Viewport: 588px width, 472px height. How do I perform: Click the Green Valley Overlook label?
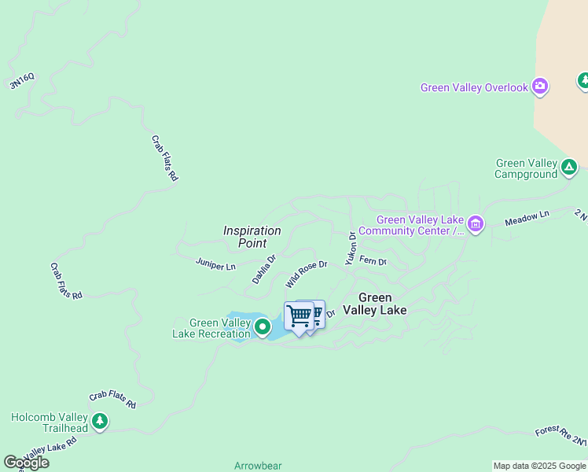[474, 87]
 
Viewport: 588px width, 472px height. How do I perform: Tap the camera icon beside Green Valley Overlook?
[540, 87]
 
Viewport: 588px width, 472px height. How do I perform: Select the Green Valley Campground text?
[526, 168]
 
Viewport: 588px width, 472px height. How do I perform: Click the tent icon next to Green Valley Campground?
[569, 167]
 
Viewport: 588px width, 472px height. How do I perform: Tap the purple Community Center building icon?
[475, 225]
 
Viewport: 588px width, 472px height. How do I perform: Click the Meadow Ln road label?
[527, 217]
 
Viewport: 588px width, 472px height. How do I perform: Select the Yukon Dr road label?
[351, 247]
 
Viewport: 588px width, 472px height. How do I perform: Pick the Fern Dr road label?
[373, 260]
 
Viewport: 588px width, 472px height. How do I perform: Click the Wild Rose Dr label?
[307, 275]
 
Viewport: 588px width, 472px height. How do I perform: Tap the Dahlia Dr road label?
[264, 269]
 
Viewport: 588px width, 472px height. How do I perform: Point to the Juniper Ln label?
[215, 266]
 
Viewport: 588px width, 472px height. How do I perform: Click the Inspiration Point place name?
[252, 237]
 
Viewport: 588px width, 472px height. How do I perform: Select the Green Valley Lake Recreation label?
[211, 328]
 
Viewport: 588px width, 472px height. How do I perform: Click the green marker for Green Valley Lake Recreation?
[263, 326]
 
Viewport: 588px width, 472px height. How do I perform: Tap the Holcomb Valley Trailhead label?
[50, 422]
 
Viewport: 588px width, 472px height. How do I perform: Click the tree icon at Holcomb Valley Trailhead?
[99, 422]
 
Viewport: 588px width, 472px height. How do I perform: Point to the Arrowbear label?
[257, 466]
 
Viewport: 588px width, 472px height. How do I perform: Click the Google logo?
[26, 463]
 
